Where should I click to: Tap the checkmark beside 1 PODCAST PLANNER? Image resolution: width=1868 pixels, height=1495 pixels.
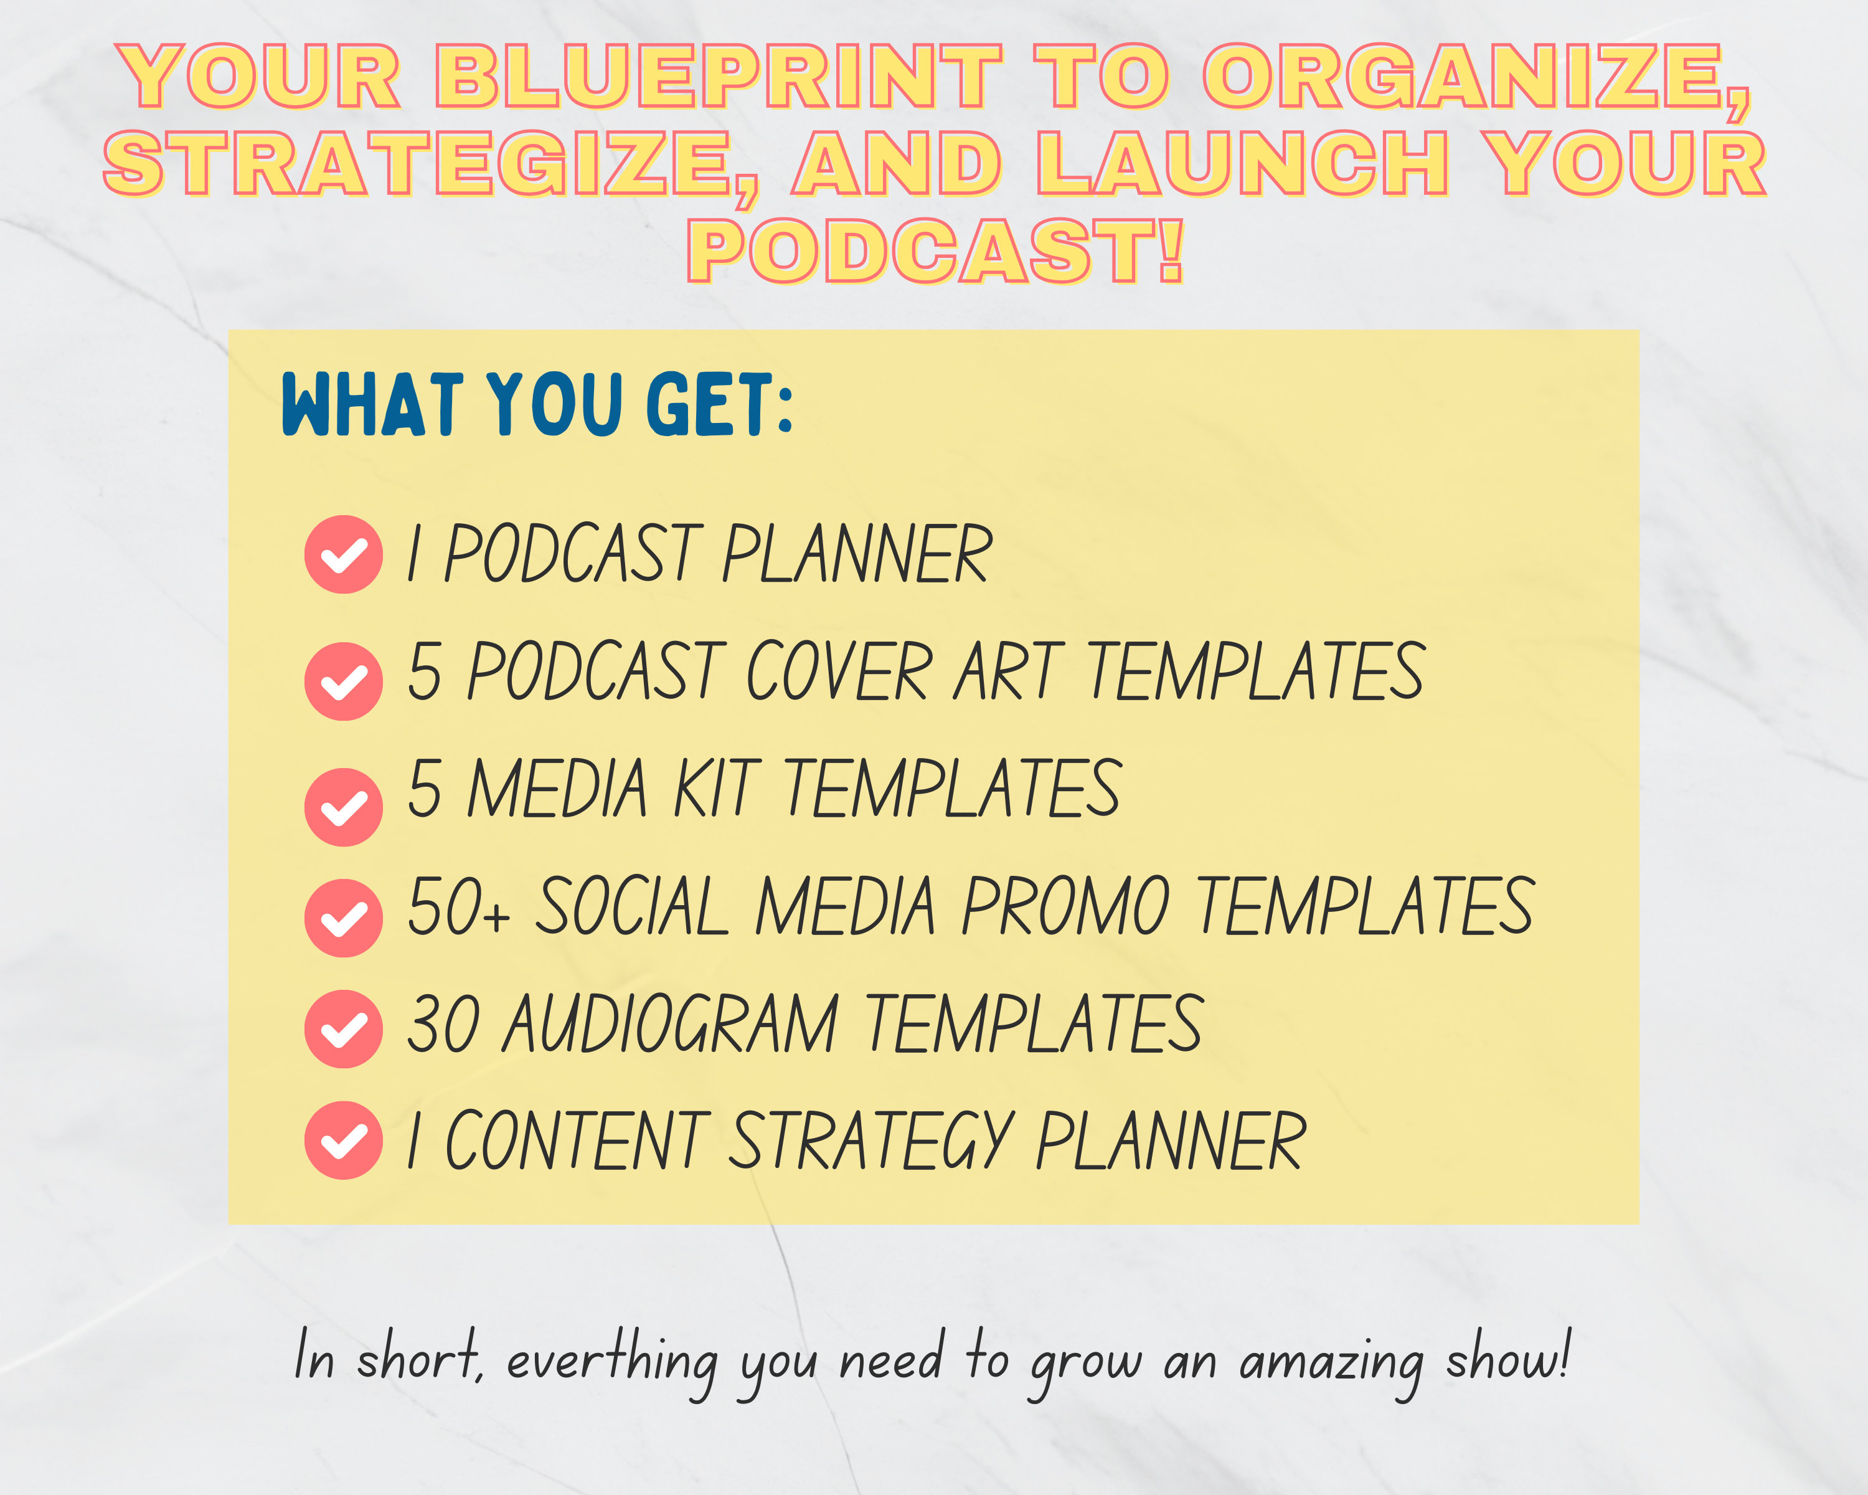pyautogui.click(x=343, y=554)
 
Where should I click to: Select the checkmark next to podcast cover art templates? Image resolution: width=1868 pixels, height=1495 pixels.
pyautogui.click(x=343, y=681)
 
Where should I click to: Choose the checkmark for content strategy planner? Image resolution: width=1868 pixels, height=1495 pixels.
pyautogui.click(x=343, y=1140)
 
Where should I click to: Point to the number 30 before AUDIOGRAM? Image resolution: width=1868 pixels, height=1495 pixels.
pyautogui.click(x=443, y=1025)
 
